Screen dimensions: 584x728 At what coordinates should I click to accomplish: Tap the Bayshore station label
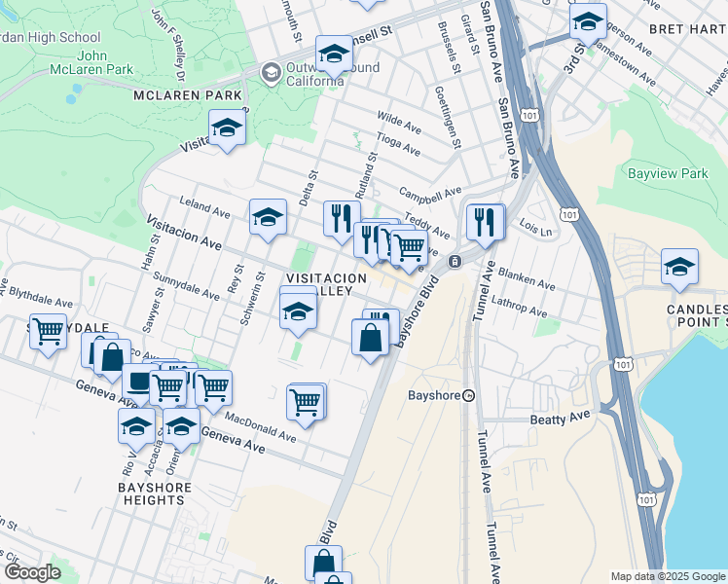point(435,396)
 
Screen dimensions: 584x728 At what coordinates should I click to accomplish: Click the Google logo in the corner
point(32,572)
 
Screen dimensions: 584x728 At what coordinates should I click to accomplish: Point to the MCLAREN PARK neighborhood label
point(188,95)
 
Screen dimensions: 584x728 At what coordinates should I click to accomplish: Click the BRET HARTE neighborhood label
point(687,29)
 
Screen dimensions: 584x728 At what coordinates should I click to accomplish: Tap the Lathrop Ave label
point(521,308)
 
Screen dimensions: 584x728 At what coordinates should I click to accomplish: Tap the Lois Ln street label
point(535,232)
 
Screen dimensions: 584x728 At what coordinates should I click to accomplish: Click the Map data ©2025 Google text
point(668,576)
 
